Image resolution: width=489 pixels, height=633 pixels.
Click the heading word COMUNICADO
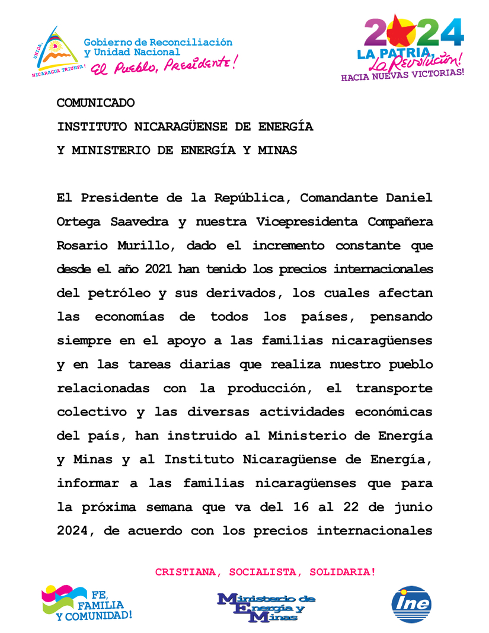click(x=95, y=103)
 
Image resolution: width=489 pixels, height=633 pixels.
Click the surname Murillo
click(x=147, y=245)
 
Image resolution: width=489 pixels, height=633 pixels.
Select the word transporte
click(x=394, y=388)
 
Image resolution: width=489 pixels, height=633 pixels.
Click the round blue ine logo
click(x=411, y=605)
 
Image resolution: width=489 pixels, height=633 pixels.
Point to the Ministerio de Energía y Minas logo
click(x=266, y=607)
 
